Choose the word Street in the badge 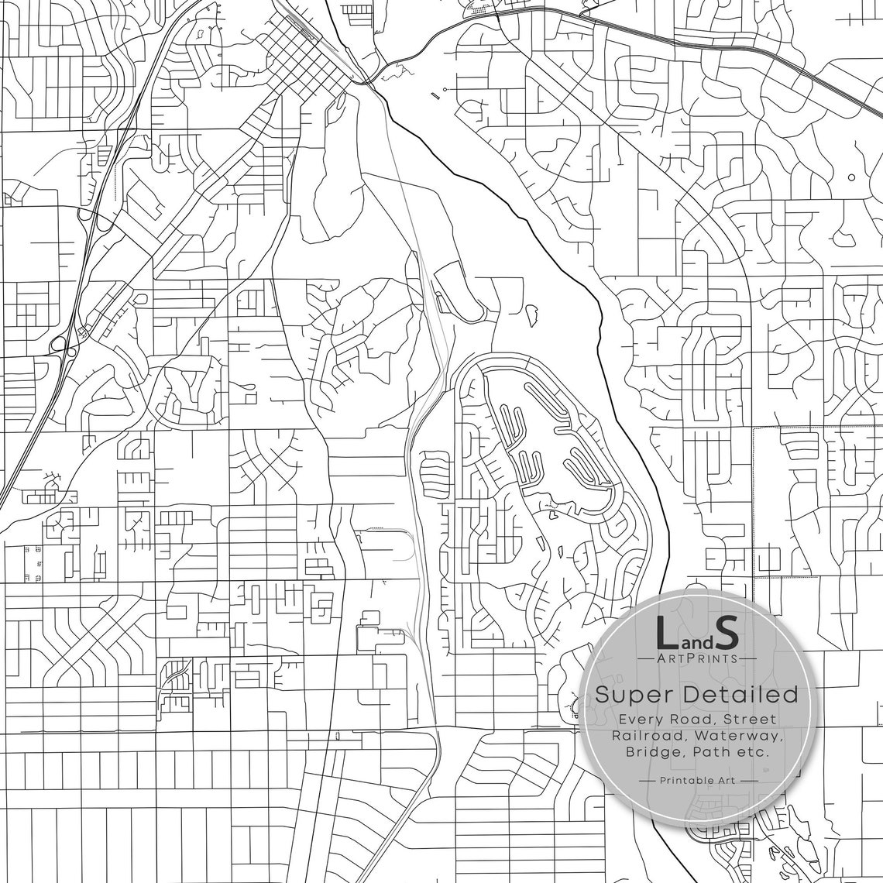coord(749,719)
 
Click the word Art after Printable coord(727,781)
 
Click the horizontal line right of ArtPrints coord(747,658)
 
